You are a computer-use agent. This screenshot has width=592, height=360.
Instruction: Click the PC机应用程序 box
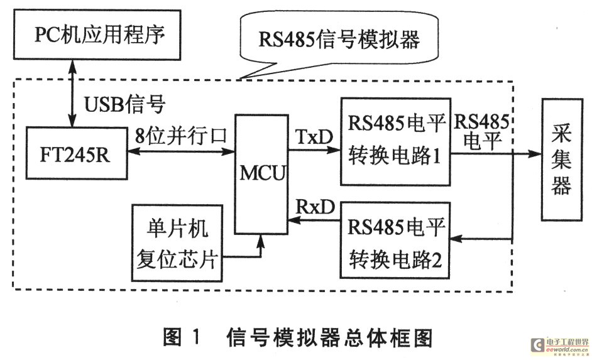click(x=97, y=35)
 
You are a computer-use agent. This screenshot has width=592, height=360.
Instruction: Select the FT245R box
click(x=76, y=153)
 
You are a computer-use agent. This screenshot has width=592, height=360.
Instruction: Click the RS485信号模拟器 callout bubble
click(x=339, y=40)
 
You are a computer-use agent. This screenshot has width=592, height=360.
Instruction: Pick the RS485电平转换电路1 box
click(x=395, y=141)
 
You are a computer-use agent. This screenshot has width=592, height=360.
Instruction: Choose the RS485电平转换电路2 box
click(x=395, y=241)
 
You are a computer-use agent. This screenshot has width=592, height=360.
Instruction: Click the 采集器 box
click(x=561, y=160)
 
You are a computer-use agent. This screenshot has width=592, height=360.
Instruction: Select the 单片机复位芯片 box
click(x=177, y=243)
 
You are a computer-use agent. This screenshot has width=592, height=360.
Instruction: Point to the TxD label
click(x=314, y=136)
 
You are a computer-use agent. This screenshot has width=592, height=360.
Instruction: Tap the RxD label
click(x=315, y=207)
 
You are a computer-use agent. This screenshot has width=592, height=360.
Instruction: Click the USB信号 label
click(x=124, y=104)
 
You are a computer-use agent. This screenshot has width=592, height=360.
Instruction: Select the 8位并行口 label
click(x=181, y=135)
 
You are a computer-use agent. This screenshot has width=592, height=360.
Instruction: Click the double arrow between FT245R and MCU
click(x=181, y=151)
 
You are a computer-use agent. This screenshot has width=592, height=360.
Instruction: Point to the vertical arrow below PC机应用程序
click(x=72, y=94)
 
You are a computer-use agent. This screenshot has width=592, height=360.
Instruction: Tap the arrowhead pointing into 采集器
click(x=535, y=153)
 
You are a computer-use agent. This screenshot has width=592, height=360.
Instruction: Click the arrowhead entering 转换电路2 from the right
click(x=456, y=239)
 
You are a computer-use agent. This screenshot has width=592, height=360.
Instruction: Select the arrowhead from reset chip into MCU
click(x=260, y=241)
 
